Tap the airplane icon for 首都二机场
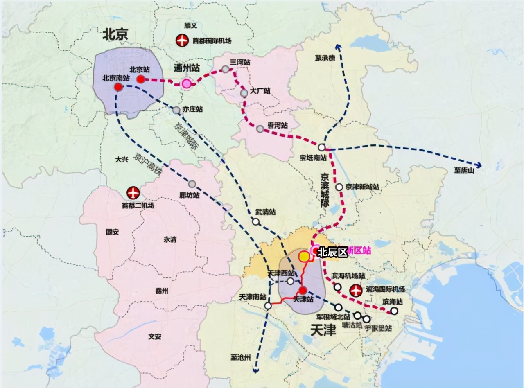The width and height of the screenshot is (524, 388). (133, 192)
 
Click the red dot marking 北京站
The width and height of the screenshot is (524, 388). (140, 79)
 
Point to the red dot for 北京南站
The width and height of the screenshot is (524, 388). (118, 87)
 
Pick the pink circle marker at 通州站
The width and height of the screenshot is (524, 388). (187, 84)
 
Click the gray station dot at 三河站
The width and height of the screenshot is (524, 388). (226, 69)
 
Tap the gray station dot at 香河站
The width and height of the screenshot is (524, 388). (260, 129)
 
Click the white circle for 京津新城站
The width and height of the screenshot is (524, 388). (339, 187)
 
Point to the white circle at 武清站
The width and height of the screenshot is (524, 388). (256, 222)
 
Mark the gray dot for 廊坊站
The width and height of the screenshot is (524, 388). (192, 184)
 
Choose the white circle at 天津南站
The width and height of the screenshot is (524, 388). (268, 306)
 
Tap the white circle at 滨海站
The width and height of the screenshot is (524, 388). (394, 311)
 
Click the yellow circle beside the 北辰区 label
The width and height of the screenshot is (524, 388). (304, 257)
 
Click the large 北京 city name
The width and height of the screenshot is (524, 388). (115, 34)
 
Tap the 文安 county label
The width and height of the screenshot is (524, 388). (155, 337)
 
